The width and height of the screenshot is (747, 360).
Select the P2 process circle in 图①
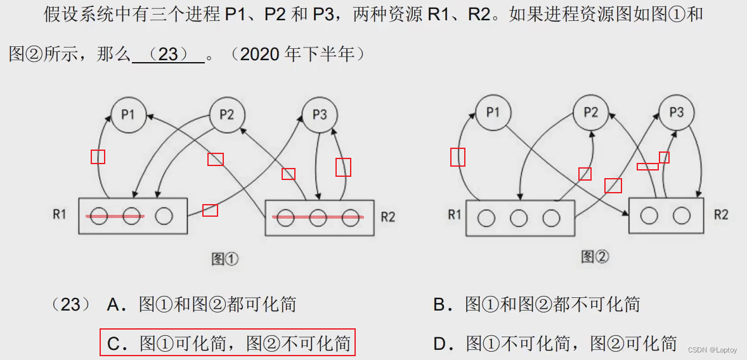[x=226, y=115]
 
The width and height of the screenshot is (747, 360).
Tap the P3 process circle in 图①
[x=320, y=115]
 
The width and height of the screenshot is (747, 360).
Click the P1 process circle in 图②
[x=493, y=113]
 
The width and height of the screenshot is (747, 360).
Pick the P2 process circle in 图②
[x=590, y=113]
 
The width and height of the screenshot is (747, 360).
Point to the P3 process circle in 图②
[x=677, y=113]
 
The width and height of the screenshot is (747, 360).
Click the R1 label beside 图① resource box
[x=60, y=214]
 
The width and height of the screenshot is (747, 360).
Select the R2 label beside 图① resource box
[x=387, y=217]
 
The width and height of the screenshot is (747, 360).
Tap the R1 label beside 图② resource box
[x=454, y=214]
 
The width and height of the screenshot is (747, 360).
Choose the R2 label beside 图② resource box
[x=721, y=214]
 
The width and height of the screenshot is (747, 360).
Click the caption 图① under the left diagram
[x=224, y=259]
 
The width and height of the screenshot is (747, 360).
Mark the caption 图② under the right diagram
[x=595, y=257]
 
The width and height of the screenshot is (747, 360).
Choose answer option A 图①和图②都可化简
[x=202, y=305]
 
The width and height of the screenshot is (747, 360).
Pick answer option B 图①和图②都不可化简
[x=536, y=305]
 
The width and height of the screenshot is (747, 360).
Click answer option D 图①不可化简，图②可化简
[x=555, y=344]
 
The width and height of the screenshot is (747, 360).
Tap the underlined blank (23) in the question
[x=168, y=55]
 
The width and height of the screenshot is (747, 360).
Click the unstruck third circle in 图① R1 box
[x=164, y=216]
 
